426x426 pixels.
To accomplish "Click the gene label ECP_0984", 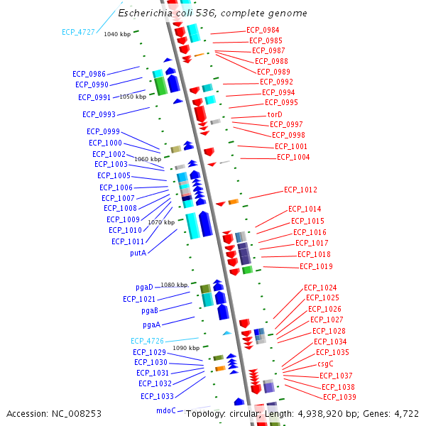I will coord(263,30).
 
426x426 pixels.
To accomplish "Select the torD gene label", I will coord(274,114).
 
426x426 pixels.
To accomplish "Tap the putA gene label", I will coord(138,253).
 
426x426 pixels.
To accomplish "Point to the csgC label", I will coord(326,364).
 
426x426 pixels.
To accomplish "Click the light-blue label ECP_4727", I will coord(78,32).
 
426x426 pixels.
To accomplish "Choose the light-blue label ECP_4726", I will coord(147,341).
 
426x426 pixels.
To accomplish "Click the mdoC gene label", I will coord(165,410).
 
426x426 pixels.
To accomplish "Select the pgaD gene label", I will coord(144,287).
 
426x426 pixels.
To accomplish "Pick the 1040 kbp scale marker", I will coord(117,34).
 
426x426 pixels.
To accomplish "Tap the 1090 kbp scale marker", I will coord(186,348).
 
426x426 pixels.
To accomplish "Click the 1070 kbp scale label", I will coord(161,222).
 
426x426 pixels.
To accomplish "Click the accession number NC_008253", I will coord(75,413).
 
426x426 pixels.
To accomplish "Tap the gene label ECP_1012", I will coord(300,190).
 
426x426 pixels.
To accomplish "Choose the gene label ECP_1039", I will coord(339,397).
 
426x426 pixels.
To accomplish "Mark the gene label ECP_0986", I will coord(89,74).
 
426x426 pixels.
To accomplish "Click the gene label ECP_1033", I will coord(157,396).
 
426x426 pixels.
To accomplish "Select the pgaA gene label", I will coord(151,324).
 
